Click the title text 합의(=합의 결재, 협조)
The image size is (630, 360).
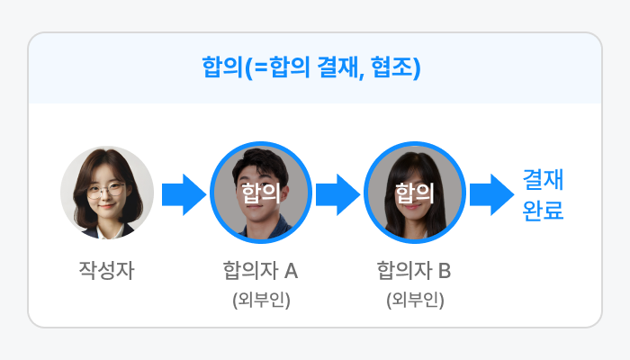(314, 68)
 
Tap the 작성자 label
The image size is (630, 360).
(106, 269)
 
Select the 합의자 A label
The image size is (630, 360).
(260, 269)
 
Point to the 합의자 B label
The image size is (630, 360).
(414, 269)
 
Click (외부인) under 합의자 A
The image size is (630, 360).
(261, 299)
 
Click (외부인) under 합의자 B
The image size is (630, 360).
(415, 299)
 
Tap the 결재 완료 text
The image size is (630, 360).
(543, 196)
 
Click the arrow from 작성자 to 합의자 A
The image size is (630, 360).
(184, 194)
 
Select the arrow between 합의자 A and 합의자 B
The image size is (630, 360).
(337, 194)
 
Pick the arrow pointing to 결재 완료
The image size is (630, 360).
(490, 194)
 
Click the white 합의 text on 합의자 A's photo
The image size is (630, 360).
(260, 192)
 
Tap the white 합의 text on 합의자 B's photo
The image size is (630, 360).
(414, 192)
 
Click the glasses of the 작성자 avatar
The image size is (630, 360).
(107, 189)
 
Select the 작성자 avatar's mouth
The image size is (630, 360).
(107, 205)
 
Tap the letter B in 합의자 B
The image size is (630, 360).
(445, 269)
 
